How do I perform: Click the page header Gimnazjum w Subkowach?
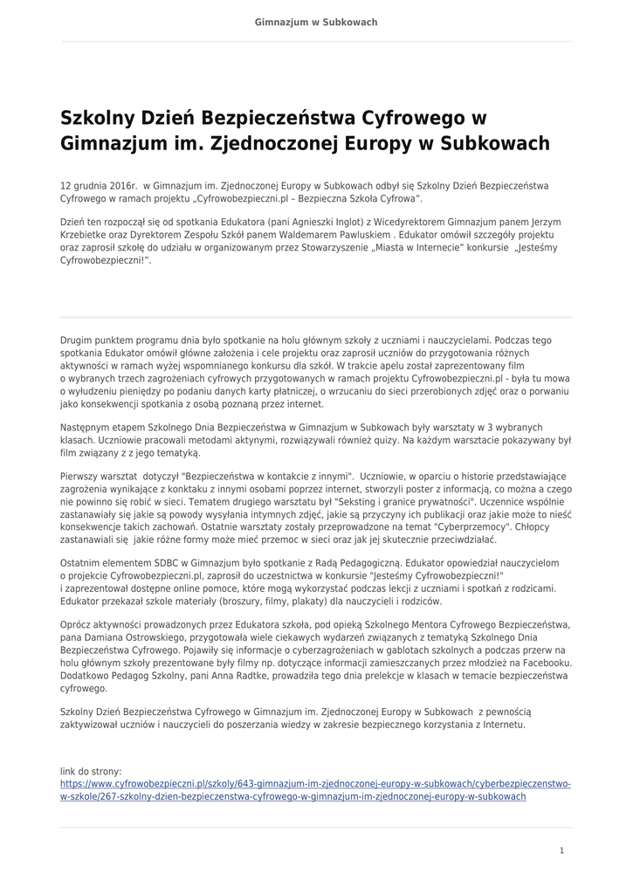click(316, 22)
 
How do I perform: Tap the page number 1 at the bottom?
click(562, 849)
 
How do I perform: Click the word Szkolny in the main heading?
click(96, 117)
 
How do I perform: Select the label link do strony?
click(91, 772)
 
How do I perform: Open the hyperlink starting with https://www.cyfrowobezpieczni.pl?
click(315, 784)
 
